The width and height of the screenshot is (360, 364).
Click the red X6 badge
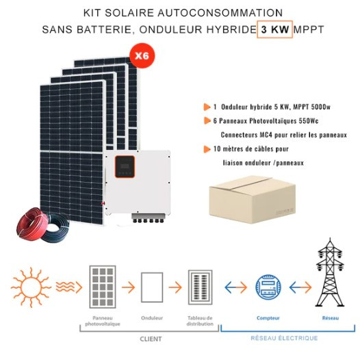tap(142, 55)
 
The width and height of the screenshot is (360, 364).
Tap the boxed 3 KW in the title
tap(274, 29)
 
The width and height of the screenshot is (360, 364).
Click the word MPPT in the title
tap(309, 29)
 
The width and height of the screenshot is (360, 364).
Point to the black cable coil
tap(55, 229)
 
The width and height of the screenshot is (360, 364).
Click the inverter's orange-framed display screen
tap(125, 167)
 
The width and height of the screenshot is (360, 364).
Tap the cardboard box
tap(253, 200)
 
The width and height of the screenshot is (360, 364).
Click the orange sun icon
tap(31, 287)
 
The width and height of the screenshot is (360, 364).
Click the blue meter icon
tap(268, 287)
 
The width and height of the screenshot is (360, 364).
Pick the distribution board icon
tap(201, 287)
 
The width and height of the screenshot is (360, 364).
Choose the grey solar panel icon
tap(103, 287)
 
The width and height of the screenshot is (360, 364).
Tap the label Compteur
tap(268, 318)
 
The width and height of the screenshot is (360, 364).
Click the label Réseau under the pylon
tap(331, 318)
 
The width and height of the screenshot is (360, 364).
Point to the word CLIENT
tap(151, 339)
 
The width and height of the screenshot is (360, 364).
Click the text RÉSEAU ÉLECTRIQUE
tap(284, 338)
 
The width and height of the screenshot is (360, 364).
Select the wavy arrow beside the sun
tap(69, 287)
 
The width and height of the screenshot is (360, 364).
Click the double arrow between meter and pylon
tap(300, 287)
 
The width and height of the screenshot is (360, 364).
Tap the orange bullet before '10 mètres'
tap(207, 149)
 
